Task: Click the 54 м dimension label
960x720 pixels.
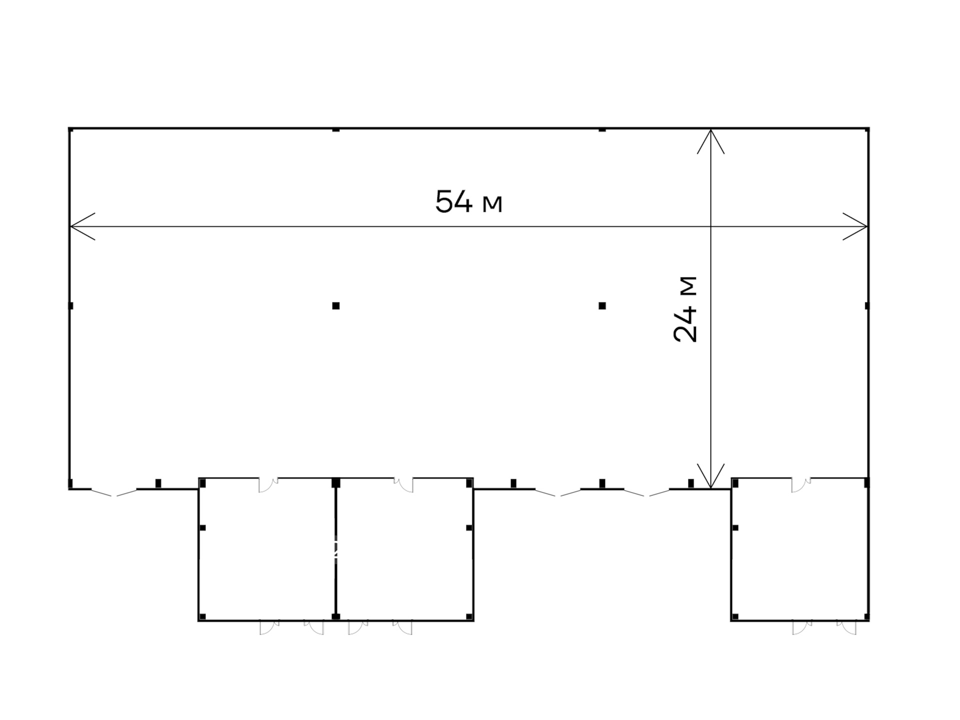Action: point(468,202)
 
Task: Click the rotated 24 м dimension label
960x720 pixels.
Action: point(685,309)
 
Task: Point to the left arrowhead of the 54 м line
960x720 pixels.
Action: point(82,226)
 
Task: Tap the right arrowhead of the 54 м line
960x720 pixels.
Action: point(855,226)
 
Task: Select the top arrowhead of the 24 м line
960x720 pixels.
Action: point(710,141)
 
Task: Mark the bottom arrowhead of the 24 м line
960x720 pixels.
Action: point(710,476)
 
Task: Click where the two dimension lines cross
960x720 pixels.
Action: point(710,226)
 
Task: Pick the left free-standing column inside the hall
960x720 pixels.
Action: point(336,305)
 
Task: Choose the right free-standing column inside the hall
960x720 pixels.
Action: point(602,305)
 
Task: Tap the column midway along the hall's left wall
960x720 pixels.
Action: point(71,305)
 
